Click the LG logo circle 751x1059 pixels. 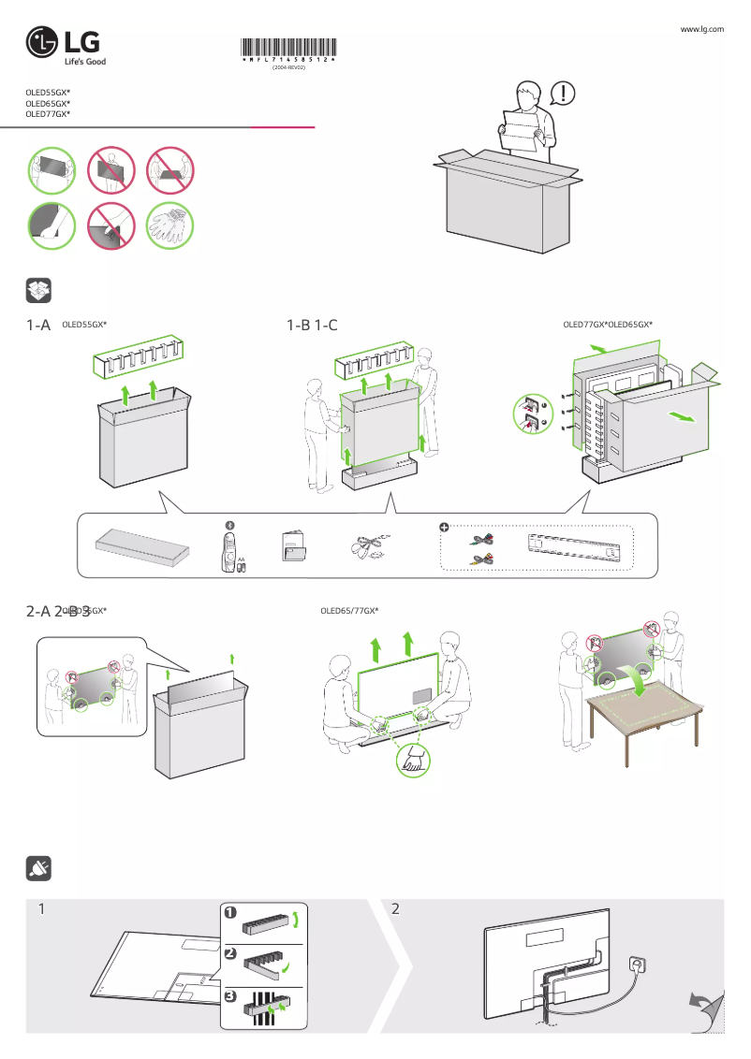43,42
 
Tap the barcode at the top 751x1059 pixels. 288,50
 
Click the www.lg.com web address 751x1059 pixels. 702,30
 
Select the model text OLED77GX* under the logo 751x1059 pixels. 48,113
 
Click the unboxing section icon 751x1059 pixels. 38,290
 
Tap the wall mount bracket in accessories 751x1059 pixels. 573,546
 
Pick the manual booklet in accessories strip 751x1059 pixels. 293,547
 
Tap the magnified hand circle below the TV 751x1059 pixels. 413,761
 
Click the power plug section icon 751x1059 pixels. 38,867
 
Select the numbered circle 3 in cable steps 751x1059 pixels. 230,997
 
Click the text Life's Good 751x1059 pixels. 84,62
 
